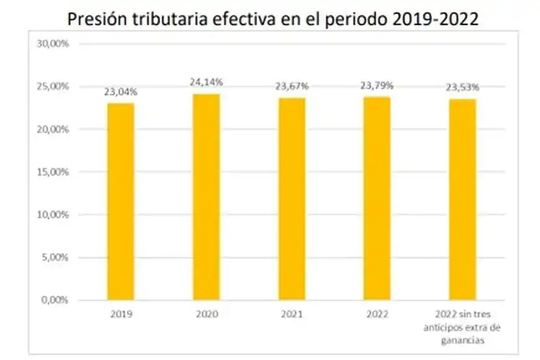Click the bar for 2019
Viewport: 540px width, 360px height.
click(120, 201)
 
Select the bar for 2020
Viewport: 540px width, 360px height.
click(206, 197)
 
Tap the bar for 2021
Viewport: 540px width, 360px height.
click(292, 199)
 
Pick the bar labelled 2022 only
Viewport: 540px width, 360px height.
click(377, 198)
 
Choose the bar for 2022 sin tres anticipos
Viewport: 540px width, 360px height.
click(462, 199)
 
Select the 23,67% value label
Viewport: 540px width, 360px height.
click(292, 86)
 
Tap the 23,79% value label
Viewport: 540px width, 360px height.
click(377, 86)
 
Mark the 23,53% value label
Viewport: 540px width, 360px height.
click(463, 88)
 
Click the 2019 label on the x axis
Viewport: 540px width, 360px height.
click(120, 315)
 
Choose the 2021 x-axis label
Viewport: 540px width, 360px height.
click(292, 315)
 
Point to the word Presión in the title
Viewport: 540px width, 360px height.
click(97, 19)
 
